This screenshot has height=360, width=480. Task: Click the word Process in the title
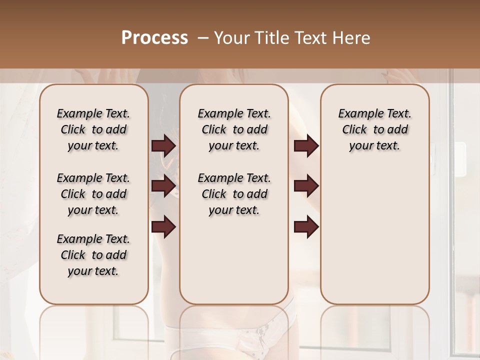click(154, 38)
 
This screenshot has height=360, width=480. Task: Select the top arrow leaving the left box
click(163, 146)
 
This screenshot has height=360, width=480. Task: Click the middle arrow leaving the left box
click(163, 186)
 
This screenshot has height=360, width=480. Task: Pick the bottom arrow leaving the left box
click(163, 226)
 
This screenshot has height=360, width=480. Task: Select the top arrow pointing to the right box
click(306, 146)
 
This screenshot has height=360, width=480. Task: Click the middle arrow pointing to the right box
click(306, 186)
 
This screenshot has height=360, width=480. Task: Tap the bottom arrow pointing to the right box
click(306, 226)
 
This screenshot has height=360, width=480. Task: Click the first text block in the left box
click(93, 129)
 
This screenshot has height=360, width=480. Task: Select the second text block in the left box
click(93, 194)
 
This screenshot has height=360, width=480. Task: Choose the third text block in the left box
click(93, 255)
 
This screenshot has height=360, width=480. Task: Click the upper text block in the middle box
click(234, 129)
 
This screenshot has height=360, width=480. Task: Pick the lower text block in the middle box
click(234, 194)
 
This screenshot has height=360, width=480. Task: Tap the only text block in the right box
click(374, 129)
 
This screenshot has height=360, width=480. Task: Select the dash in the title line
click(202, 38)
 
